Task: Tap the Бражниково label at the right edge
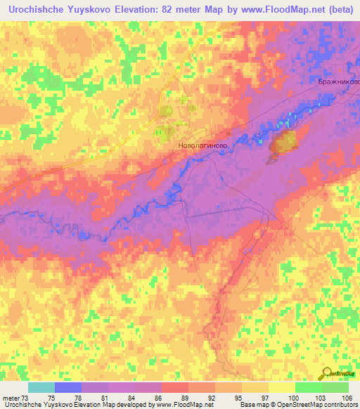coord(336,82)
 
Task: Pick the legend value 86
coord(148,397)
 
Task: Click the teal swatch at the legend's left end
coord(41,387)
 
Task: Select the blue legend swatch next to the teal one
coord(68,387)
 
